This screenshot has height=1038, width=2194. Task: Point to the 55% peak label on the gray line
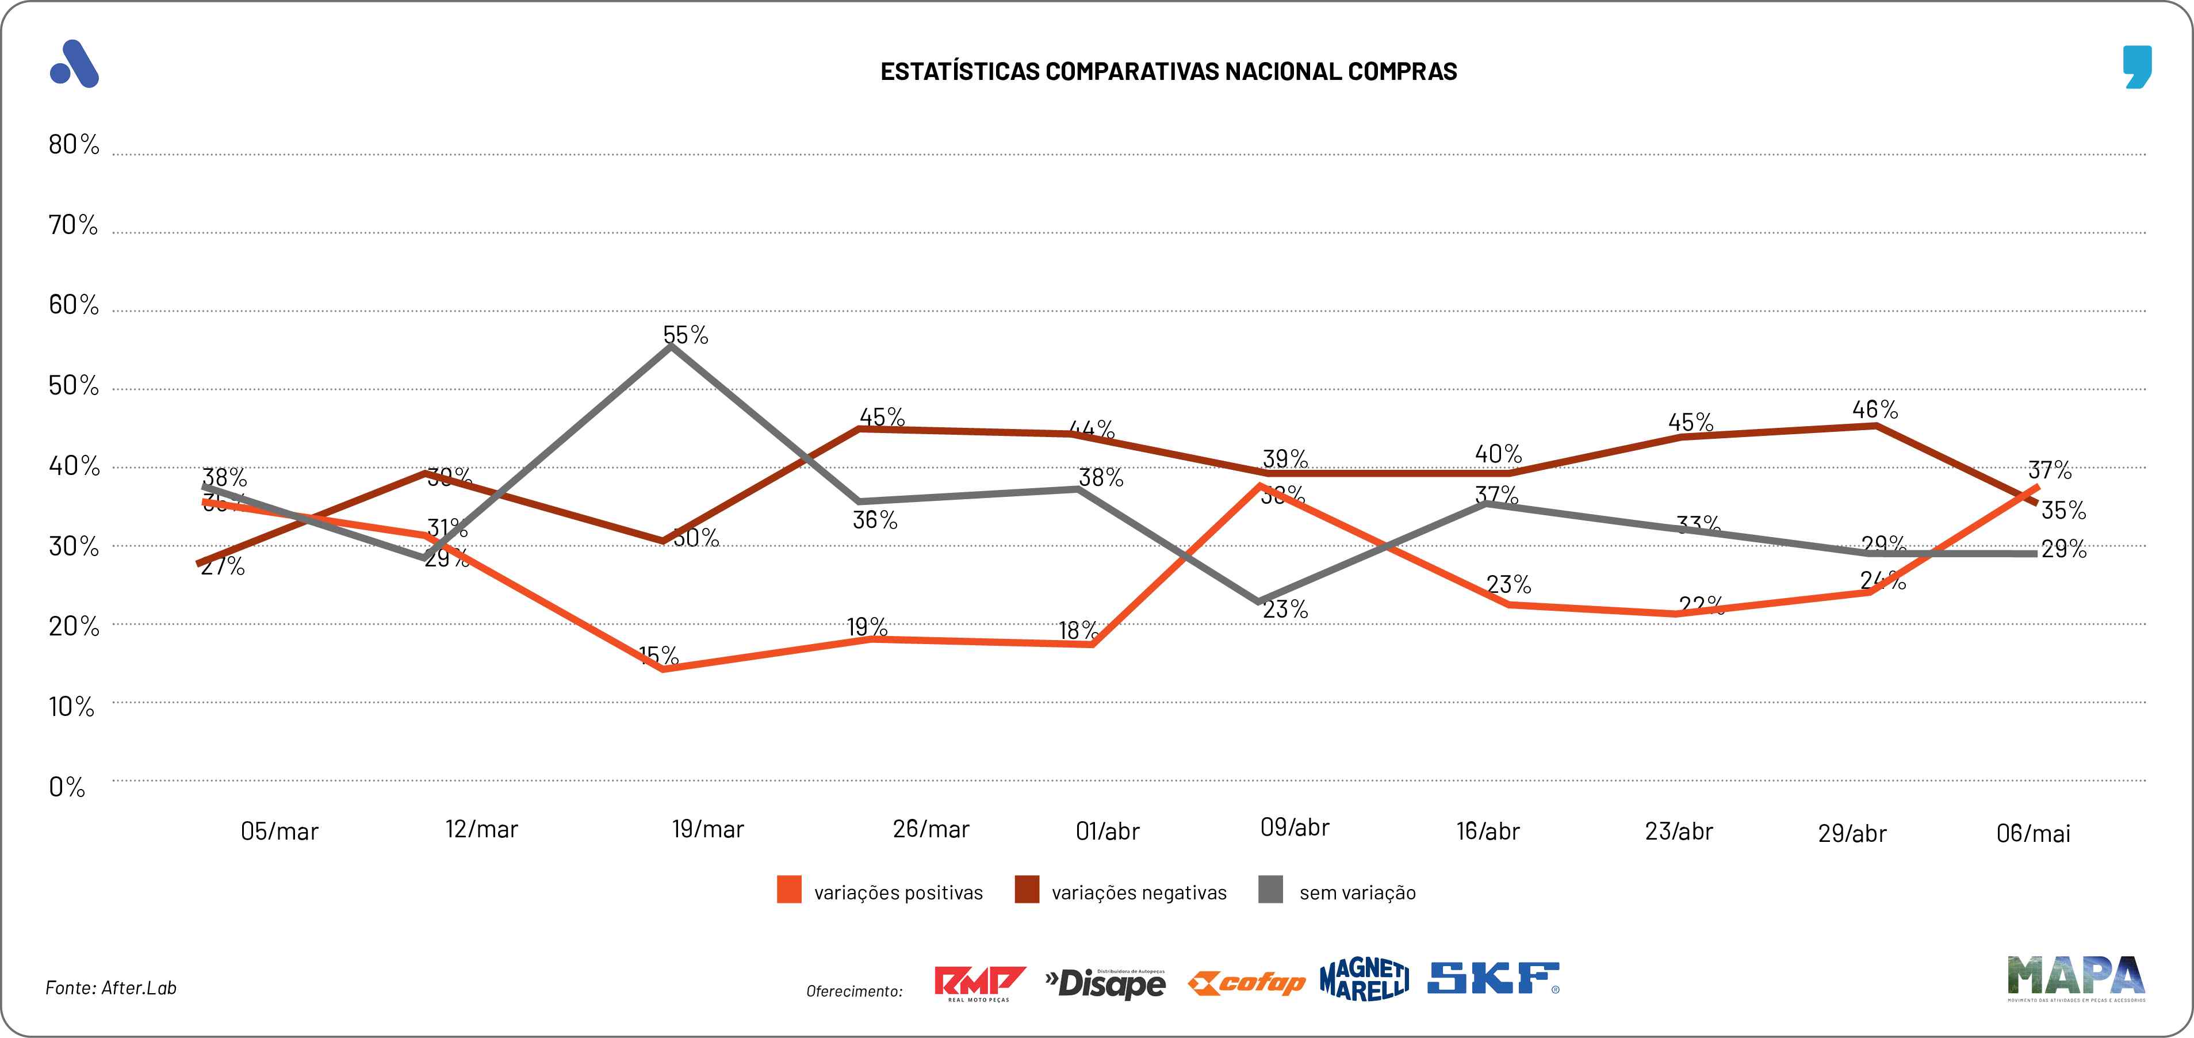tap(686, 335)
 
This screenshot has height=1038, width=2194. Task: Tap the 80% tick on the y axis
tap(73, 145)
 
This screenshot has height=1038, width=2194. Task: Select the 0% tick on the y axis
tap(67, 787)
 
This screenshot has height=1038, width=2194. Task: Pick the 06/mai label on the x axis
tap(2033, 833)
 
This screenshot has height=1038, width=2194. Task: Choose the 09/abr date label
tap(1294, 828)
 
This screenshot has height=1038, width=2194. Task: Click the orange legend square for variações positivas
tap(788, 890)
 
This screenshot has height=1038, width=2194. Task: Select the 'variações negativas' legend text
tap(1139, 893)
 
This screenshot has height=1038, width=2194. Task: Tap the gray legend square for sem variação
tap(1270, 890)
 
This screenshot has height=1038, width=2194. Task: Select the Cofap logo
tap(1246, 983)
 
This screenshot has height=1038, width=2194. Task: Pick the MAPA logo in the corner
tap(2076, 978)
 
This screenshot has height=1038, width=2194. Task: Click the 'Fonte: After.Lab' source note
tap(111, 988)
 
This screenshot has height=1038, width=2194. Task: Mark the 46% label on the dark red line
tap(1875, 409)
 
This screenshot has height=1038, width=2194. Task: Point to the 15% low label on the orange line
tap(658, 655)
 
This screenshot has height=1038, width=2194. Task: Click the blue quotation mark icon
tap(2138, 66)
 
